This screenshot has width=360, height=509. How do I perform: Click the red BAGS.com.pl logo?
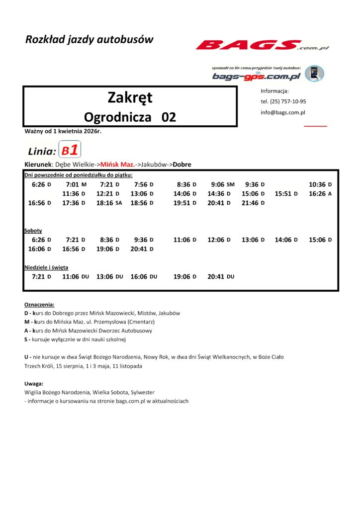tap(262, 46)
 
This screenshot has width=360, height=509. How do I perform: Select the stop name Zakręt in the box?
tap(130, 97)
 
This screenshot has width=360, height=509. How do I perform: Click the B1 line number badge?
tap(70, 150)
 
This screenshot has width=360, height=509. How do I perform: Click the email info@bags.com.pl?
tap(283, 112)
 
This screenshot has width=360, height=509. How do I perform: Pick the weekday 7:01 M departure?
tap(76, 184)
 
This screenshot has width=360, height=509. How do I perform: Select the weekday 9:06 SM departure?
tap(222, 184)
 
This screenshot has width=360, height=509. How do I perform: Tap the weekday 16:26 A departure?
tap(320, 194)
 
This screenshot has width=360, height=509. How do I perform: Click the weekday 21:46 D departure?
tap(253, 203)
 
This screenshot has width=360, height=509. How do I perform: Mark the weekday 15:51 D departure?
tap(286, 194)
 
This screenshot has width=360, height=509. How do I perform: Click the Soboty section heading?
tap(33, 231)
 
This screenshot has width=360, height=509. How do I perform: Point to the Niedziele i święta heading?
tap(46, 267)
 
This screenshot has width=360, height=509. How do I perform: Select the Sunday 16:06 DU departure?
tap(144, 276)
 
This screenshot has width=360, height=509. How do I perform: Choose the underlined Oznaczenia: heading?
tap(39, 304)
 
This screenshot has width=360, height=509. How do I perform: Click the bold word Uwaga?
tap(34, 384)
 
